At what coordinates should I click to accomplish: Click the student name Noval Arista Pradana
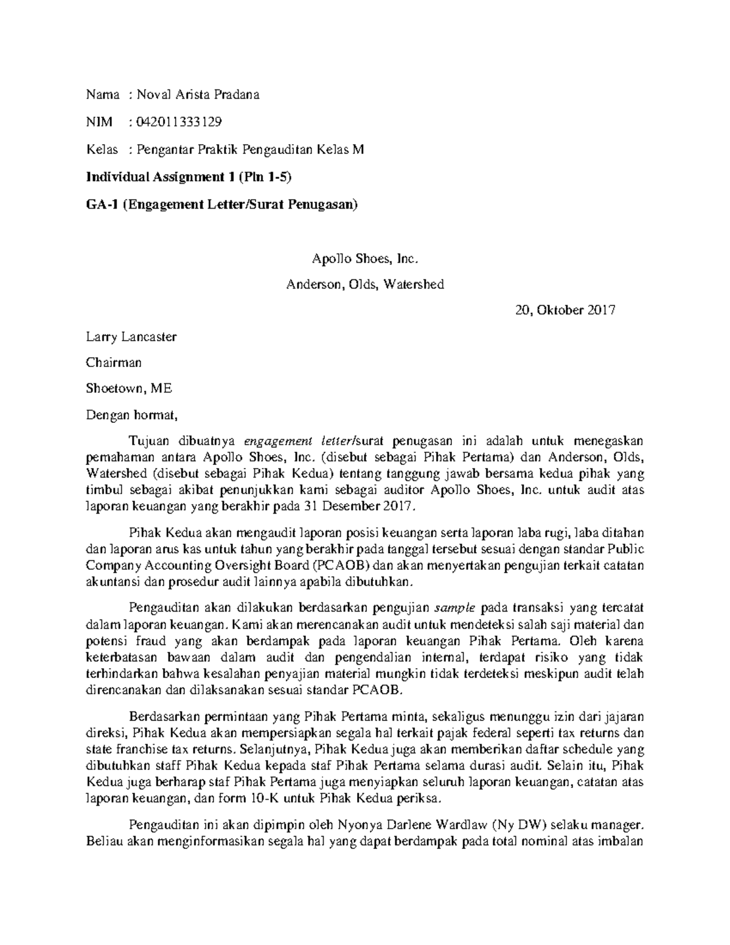[x=198, y=94]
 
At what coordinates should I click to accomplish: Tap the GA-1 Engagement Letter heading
[x=222, y=204]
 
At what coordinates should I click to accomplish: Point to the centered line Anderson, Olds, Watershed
[x=365, y=284]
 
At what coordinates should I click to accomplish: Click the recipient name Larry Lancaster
[x=131, y=337]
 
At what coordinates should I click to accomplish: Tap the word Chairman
[x=114, y=363]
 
